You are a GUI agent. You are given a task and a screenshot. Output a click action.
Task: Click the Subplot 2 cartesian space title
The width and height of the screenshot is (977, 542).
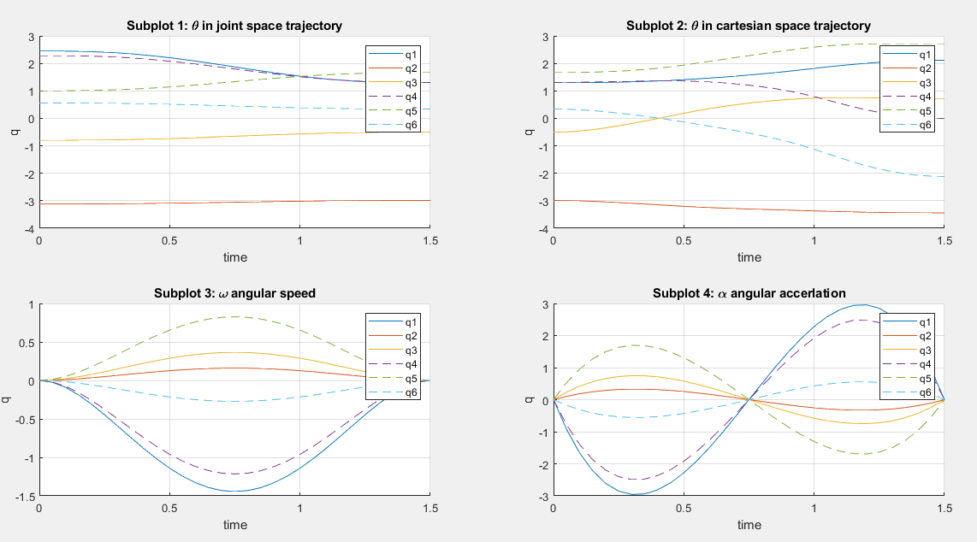pyautogui.click(x=749, y=26)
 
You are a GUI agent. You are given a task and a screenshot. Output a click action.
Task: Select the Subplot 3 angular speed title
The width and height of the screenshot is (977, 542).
pyautogui.click(x=234, y=293)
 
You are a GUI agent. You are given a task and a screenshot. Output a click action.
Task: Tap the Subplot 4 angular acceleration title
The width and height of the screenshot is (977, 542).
pyautogui.click(x=749, y=293)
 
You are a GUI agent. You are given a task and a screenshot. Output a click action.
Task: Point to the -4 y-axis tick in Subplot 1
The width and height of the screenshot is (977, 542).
pyautogui.click(x=29, y=229)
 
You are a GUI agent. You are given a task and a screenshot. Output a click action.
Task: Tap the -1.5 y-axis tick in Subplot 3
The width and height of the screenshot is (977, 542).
pyautogui.click(x=26, y=496)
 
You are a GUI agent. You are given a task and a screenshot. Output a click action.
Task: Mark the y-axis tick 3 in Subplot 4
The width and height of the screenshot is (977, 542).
pyautogui.click(x=545, y=304)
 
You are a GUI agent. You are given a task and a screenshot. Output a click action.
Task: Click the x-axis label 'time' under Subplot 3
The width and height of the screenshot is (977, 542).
pyautogui.click(x=234, y=524)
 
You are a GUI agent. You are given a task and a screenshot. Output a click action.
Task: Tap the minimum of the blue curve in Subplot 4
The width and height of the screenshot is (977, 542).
pyautogui.click(x=634, y=495)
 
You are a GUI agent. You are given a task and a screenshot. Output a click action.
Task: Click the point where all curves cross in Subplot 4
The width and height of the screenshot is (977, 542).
pyautogui.click(x=749, y=400)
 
